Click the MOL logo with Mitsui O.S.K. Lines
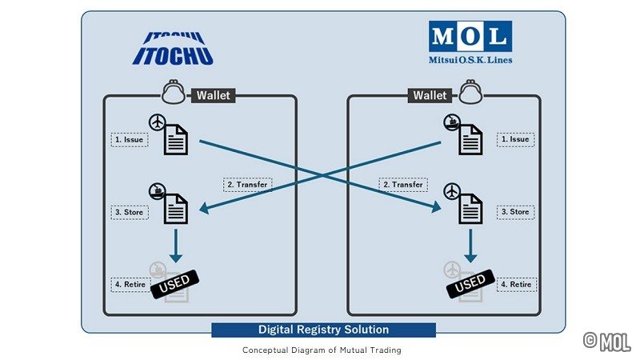tap(470, 44)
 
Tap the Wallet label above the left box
tap(213, 95)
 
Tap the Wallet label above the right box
tap(430, 95)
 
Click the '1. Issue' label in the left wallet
tap(128, 139)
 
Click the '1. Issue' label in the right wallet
tap(515, 139)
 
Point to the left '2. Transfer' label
tap(246, 184)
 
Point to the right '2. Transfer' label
tap(402, 184)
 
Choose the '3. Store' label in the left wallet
tap(128, 212)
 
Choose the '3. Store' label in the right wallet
tap(515, 212)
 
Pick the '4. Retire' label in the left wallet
tap(128, 284)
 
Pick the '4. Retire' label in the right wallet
tap(515, 284)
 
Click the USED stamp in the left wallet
tap(174, 284)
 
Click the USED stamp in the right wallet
tap(470, 284)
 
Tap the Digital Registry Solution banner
tap(323, 330)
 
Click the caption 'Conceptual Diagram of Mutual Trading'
tap(322, 350)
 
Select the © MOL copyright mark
tap(606, 342)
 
